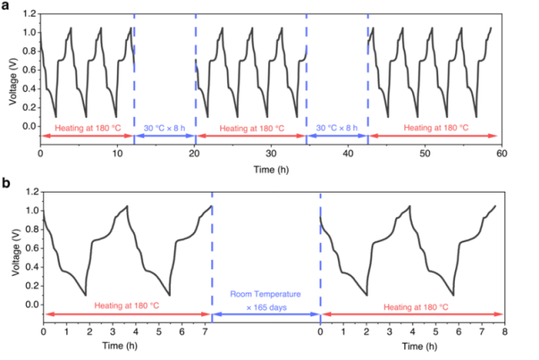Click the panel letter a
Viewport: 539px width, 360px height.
[7, 7]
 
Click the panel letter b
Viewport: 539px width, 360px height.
[7, 183]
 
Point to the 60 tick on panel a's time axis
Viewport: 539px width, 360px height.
[501, 154]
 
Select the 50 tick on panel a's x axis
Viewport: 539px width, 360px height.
[425, 154]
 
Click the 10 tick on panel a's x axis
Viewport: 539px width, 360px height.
[117, 154]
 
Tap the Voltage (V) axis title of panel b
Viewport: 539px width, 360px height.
[11, 257]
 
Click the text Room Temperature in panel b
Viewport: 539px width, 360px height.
[266, 295]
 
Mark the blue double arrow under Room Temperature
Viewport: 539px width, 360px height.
[266, 315]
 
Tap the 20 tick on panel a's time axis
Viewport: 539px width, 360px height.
[194, 154]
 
